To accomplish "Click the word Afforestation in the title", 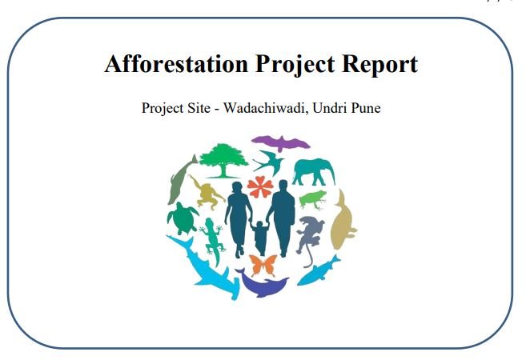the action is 176,64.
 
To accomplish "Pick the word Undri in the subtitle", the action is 329,108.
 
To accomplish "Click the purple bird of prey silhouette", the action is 281,143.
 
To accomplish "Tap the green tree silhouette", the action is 223,160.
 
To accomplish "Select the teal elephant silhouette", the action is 314,172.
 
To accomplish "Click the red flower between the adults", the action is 260,186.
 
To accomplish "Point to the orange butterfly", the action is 263,265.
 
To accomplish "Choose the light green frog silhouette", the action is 313,200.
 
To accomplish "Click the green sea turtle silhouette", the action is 183,218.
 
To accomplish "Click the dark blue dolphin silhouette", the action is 262,283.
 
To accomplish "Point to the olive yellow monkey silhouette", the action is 207,193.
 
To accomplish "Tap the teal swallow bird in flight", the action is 270,162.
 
